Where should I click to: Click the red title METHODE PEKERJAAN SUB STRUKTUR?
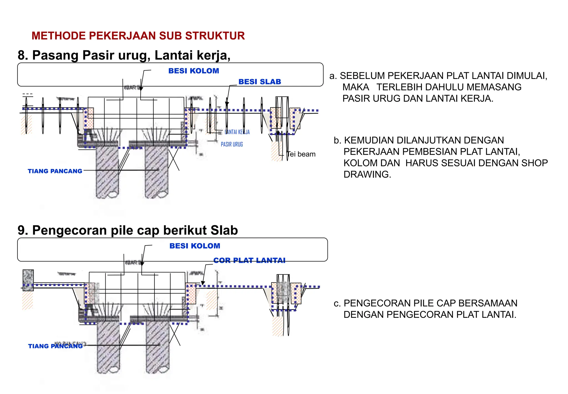[138, 36]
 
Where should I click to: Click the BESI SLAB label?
[260, 82]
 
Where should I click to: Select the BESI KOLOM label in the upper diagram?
[194, 71]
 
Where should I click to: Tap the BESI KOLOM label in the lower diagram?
[195, 246]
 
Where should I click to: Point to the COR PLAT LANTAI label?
[249, 260]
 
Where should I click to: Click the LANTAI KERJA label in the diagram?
[237, 132]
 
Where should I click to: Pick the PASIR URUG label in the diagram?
[232, 144]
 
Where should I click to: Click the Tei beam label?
[301, 154]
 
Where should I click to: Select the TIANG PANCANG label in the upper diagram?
[55, 171]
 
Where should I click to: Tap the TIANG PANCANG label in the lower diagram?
[55, 346]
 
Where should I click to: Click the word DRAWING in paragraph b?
[367, 174]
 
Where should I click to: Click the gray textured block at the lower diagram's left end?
[28, 280]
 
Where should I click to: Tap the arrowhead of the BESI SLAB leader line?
[227, 104]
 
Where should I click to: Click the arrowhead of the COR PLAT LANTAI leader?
[203, 283]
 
